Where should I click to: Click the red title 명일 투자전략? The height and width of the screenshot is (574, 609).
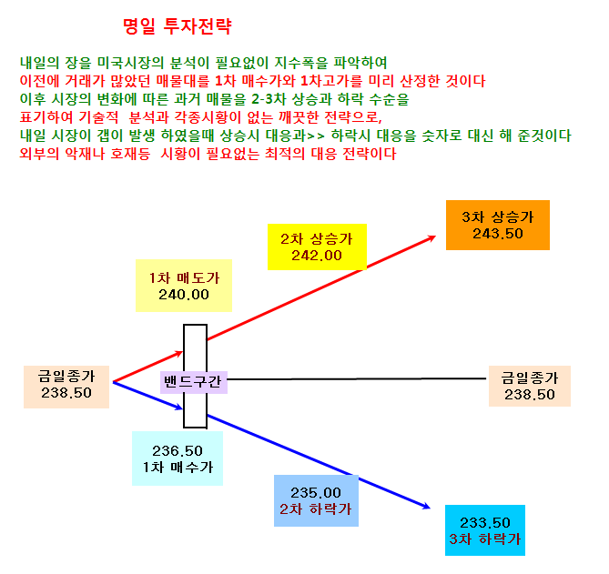(x=178, y=26)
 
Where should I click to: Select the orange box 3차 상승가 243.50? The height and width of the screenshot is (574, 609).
(x=498, y=225)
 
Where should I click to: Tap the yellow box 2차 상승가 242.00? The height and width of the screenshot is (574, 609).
(x=317, y=247)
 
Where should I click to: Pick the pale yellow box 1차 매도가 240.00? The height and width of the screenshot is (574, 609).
(x=184, y=286)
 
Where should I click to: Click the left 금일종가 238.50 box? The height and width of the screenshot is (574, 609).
(x=66, y=387)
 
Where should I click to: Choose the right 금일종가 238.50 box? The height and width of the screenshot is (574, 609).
(x=530, y=387)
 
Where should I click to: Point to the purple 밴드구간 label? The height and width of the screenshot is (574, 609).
(x=193, y=382)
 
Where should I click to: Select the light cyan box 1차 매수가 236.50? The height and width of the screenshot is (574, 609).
(x=178, y=458)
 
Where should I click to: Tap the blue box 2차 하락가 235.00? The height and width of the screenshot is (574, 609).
(x=316, y=500)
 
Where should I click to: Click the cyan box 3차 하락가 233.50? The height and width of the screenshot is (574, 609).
(x=485, y=530)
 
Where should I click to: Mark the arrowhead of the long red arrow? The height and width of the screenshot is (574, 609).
(x=431, y=237)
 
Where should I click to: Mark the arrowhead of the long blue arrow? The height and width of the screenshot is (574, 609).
(x=426, y=506)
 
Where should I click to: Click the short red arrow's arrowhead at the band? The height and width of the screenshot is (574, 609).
(x=179, y=353)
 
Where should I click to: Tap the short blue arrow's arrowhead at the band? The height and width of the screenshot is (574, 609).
(x=179, y=408)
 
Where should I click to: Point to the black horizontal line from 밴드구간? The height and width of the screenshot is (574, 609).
(x=357, y=378)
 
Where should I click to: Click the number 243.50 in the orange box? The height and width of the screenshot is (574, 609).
(x=498, y=234)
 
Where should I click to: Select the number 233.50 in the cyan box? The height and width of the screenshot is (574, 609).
(x=484, y=522)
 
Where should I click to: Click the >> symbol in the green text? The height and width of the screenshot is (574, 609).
(x=316, y=136)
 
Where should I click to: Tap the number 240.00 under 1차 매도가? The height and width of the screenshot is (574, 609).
(x=184, y=295)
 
